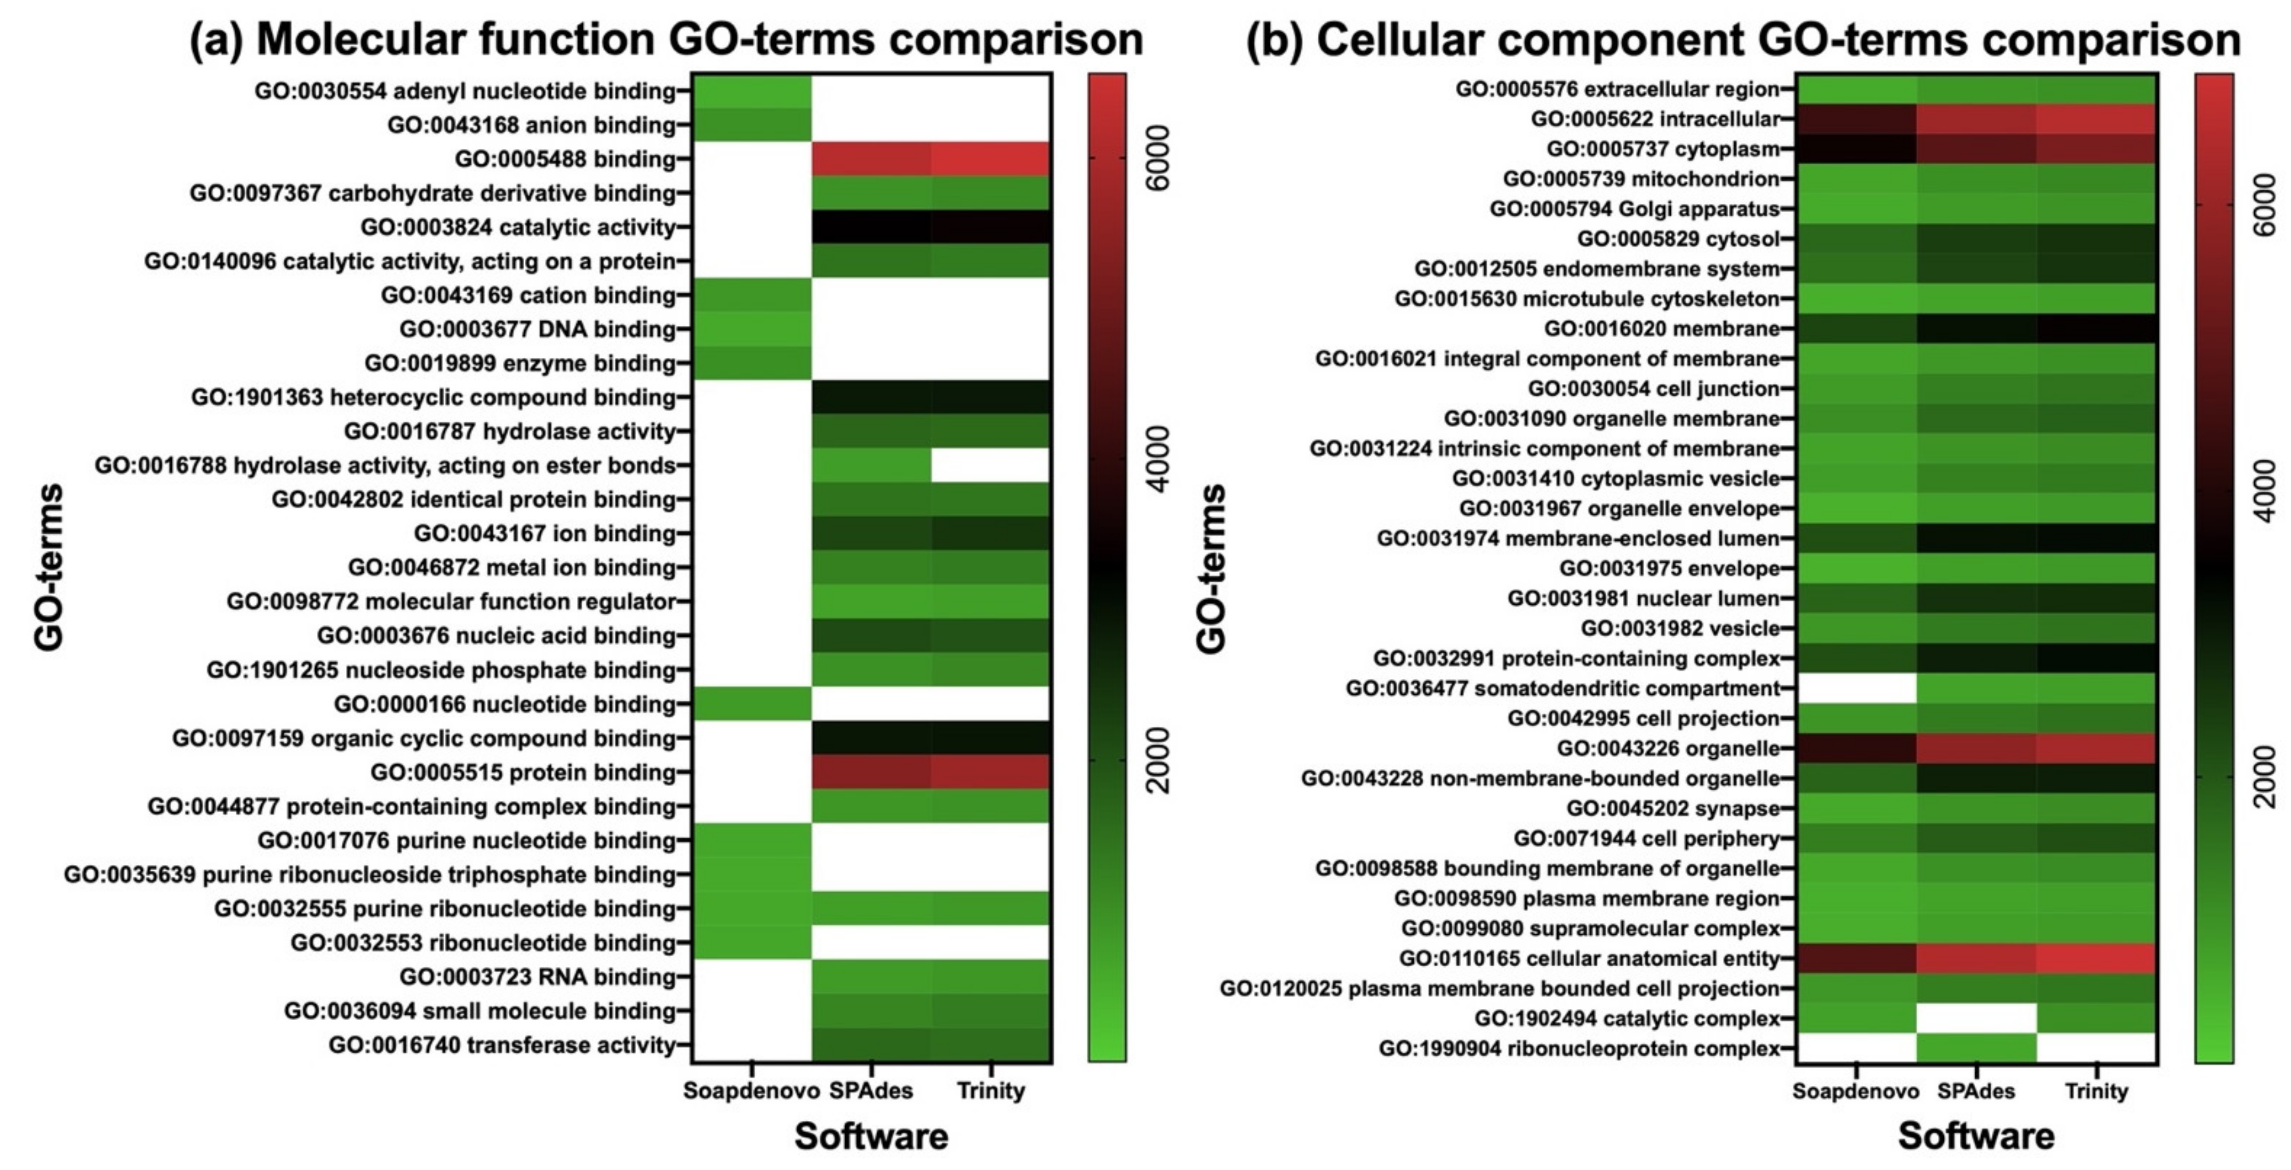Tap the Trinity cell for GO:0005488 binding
pyautogui.click(x=991, y=159)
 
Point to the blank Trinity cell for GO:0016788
pyautogui.click(x=991, y=465)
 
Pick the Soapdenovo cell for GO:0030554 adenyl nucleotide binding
pyautogui.click(x=751, y=91)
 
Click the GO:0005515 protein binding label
pyautogui.click(x=523, y=773)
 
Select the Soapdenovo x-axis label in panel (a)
pyautogui.click(x=751, y=1091)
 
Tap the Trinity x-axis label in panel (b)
pyautogui.click(x=2096, y=1091)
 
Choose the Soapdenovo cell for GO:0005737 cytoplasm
pyautogui.click(x=1856, y=148)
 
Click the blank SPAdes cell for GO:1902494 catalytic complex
pyautogui.click(x=1976, y=1018)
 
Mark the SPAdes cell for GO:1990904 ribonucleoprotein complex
pyautogui.click(x=1976, y=1048)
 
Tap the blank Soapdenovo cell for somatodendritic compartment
pyautogui.click(x=1856, y=688)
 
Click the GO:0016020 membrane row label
pyautogui.click(x=1661, y=329)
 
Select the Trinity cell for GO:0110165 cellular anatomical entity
pyautogui.click(x=2096, y=958)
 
